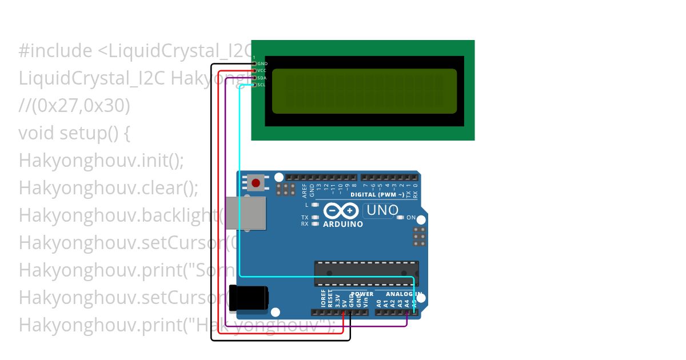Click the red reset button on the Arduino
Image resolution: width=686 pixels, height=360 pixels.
tap(256, 183)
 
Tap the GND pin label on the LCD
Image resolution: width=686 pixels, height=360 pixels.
tap(262, 63)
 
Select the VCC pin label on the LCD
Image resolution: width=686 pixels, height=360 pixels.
tap(262, 70)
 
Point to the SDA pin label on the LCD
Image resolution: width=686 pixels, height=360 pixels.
tap(262, 78)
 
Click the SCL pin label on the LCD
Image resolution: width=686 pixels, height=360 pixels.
tap(262, 85)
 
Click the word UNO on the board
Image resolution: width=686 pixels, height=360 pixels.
tap(382, 210)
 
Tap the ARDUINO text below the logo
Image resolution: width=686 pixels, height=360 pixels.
tap(342, 225)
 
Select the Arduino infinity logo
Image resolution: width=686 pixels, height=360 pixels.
tap(341, 211)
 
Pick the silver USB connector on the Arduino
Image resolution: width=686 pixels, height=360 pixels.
tap(245, 213)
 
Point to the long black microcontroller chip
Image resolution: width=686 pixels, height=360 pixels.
tap(366, 273)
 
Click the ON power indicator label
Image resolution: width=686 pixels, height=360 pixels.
tap(411, 218)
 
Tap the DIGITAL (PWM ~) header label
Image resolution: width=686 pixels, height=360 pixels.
tap(377, 195)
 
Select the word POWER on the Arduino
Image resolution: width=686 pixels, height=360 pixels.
tap(362, 294)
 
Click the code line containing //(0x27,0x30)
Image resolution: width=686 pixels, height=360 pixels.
tap(74, 106)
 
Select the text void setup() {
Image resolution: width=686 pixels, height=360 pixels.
tap(74, 133)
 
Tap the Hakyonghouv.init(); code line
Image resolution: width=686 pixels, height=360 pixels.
tap(101, 161)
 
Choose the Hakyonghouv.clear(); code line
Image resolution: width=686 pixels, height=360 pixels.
tap(108, 188)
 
